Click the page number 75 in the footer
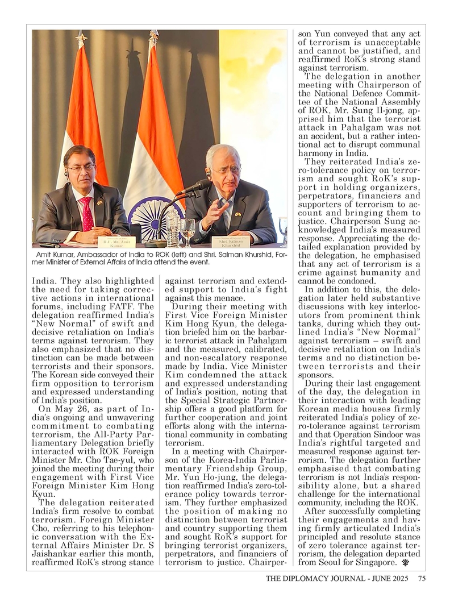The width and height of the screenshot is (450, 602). [422, 579]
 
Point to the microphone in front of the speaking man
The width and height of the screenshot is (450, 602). [193, 187]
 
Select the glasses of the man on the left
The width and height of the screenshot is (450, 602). [81, 168]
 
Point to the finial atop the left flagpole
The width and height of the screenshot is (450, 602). [81, 38]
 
